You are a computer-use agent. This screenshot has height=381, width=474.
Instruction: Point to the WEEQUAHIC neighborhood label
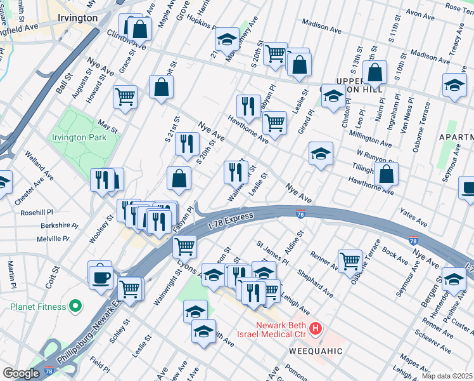(316, 351)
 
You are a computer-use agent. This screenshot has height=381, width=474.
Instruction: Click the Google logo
(21, 373)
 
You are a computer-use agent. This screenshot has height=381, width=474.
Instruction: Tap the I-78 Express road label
(231, 220)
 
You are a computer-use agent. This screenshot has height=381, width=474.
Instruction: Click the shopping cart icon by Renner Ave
(350, 260)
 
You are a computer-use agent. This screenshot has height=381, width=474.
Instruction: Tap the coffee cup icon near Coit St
(101, 276)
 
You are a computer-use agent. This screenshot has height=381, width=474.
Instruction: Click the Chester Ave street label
(29, 190)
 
